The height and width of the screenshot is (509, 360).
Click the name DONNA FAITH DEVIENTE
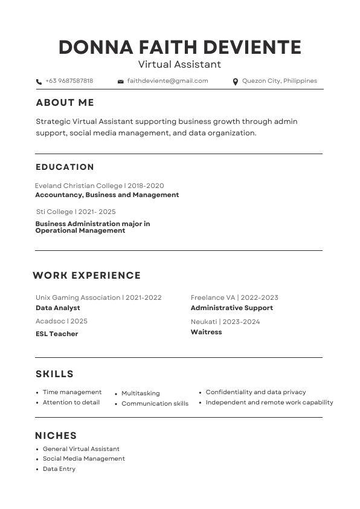[x=180, y=47]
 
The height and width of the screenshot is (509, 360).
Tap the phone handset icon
[x=39, y=82]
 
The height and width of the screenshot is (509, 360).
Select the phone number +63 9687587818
[x=69, y=81]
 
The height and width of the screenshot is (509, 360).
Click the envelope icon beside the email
[x=121, y=82]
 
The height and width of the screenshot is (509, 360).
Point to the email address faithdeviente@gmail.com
[x=167, y=81]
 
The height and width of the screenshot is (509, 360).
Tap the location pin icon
[x=236, y=82]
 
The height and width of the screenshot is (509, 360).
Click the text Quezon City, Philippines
[x=279, y=81]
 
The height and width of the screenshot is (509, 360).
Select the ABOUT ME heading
[x=65, y=103]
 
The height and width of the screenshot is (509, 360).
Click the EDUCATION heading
[x=65, y=167]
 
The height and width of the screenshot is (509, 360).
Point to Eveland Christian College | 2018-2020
[x=99, y=186]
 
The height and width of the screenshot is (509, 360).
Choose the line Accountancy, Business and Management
[x=107, y=195]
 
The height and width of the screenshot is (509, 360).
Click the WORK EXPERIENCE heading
[x=86, y=276]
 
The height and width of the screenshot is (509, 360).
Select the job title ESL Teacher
[x=57, y=334]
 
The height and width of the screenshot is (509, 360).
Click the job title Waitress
[x=206, y=332]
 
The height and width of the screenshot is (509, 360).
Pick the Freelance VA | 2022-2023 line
[x=234, y=297]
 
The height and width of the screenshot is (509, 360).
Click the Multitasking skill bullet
[x=140, y=394]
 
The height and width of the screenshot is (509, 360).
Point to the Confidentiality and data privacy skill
[x=256, y=392]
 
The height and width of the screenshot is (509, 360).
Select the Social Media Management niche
[x=83, y=459]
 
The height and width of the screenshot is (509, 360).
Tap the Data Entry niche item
[x=59, y=469]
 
